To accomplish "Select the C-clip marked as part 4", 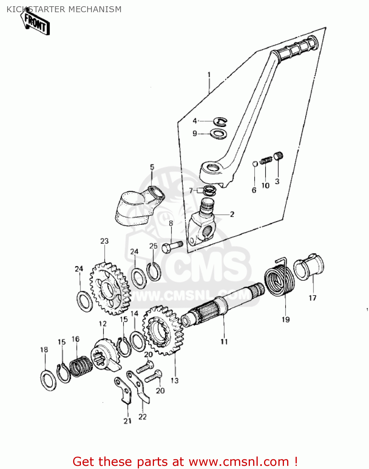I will tap(220, 122).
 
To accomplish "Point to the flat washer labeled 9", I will tap(218, 134).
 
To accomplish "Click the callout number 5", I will tap(152, 167).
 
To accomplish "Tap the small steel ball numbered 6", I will tap(255, 164).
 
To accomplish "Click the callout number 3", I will tap(277, 181).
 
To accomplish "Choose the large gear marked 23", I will tap(110, 288).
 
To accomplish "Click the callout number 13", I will tap(174, 380).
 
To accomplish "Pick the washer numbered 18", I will tap(49, 380).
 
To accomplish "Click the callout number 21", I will tap(127, 421).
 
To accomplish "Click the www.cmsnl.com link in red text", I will tap(239, 462).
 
